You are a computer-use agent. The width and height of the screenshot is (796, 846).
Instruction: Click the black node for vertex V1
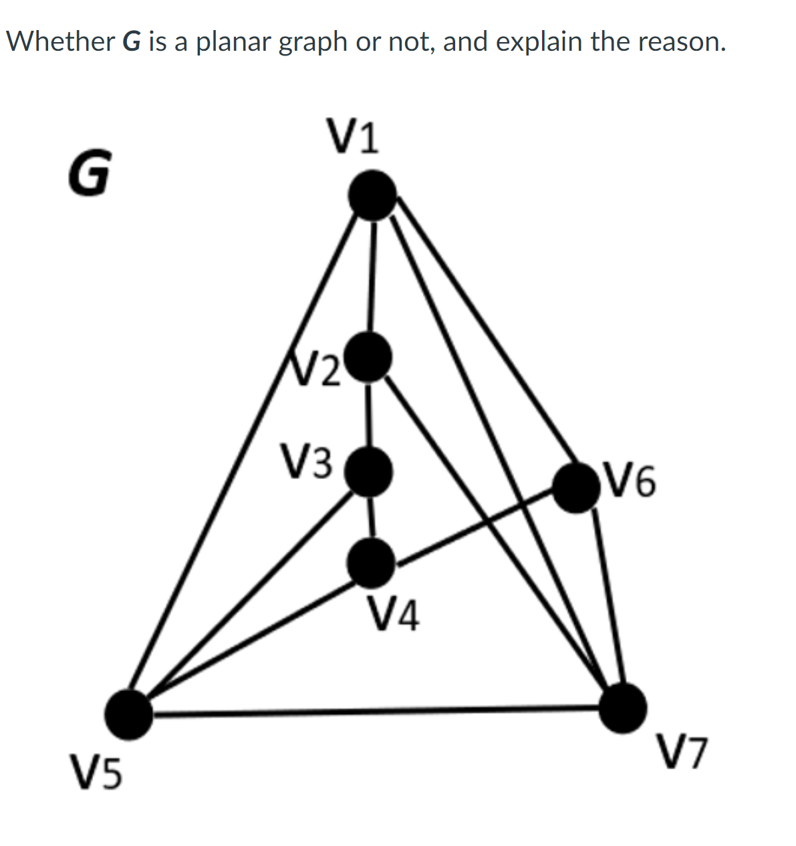pos(373,194)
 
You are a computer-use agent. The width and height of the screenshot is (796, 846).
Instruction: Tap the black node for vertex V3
pos(368,471)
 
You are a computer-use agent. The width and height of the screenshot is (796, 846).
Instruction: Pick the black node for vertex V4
pos(371,563)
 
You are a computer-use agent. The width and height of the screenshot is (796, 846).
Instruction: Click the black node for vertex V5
pos(129,715)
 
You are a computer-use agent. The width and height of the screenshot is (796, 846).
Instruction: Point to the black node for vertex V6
pos(576,488)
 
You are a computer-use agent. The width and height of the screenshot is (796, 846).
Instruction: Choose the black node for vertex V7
pos(622,708)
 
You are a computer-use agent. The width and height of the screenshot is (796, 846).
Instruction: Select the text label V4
pos(394,615)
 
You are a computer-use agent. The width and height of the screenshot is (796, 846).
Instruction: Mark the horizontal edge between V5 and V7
pos(374,712)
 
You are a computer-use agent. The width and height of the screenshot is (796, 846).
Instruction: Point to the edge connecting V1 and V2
pos(372,277)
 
